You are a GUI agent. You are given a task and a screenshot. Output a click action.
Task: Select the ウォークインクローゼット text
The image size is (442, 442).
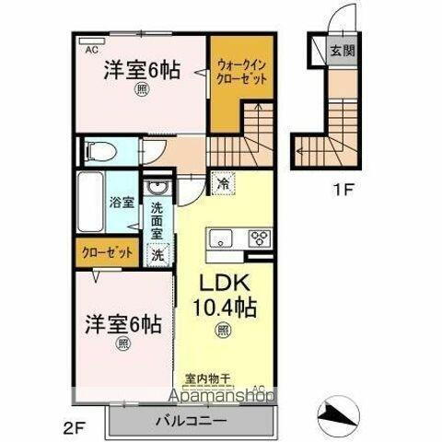(x=244, y=72)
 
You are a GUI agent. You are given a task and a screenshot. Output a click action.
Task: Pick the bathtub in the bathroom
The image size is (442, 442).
(x=90, y=201)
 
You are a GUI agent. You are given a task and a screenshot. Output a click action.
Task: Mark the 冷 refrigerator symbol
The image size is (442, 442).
(x=221, y=181)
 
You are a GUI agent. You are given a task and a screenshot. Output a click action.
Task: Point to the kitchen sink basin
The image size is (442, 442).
(x=223, y=239)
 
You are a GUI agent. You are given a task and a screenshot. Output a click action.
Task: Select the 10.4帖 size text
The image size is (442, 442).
(x=222, y=306)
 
